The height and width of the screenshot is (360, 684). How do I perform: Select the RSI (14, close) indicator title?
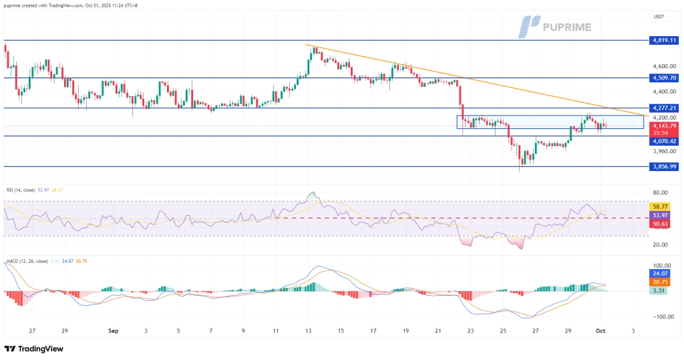(x=21, y=190)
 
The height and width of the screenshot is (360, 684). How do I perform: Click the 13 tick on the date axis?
(x=308, y=330)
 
